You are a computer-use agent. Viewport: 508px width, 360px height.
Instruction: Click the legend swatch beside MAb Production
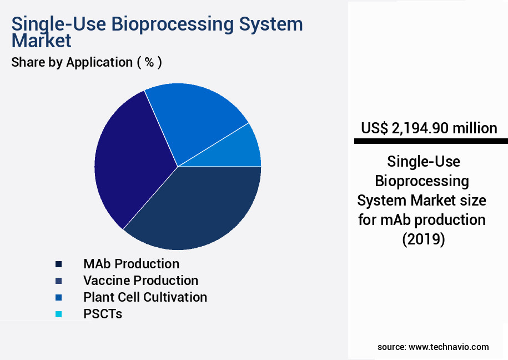coord(59,264)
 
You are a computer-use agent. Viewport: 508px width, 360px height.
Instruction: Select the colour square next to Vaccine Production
coord(59,281)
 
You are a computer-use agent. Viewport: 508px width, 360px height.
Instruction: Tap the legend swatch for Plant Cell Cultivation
coord(59,297)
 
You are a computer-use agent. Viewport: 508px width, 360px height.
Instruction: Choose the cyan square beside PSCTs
coord(59,314)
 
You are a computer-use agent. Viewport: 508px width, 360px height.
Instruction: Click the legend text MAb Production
coord(131,264)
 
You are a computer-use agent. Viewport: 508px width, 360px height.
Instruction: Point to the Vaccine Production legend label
coord(140,281)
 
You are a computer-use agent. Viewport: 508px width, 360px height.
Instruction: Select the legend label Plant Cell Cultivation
coord(145,297)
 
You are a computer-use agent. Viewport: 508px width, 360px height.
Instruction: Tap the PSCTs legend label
coord(103,314)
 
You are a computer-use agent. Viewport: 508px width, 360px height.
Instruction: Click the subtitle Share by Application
coord(72,62)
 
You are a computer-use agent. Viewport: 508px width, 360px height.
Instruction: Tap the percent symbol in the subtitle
coord(149,62)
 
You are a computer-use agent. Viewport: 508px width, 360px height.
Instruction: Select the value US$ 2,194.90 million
coord(429,128)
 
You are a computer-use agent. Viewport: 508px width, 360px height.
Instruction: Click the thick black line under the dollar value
coord(429,142)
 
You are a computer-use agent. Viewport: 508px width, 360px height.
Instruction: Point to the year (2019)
coord(423,239)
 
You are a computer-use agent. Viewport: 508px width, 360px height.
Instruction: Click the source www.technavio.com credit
coord(433,347)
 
